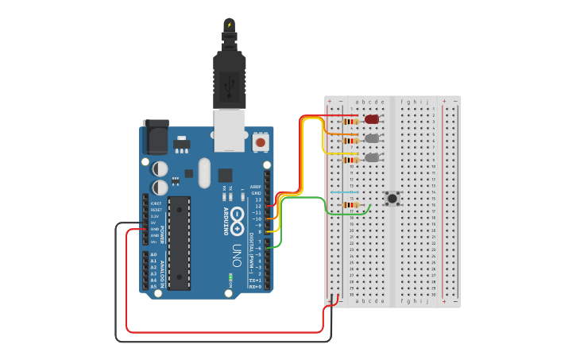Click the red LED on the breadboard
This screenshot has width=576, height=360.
(x=372, y=119)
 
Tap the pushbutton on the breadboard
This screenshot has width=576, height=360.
(x=392, y=198)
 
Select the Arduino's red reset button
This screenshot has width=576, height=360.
(x=260, y=143)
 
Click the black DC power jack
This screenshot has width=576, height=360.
(x=155, y=137)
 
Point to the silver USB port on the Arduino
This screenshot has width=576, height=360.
(x=230, y=130)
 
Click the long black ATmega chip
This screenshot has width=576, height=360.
(x=180, y=242)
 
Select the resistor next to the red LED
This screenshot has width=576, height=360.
(x=350, y=122)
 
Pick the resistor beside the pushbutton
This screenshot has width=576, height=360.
(x=350, y=205)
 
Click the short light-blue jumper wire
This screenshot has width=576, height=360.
(x=344, y=192)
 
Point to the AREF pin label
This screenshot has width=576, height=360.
(x=256, y=187)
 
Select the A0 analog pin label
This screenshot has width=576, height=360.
(x=153, y=254)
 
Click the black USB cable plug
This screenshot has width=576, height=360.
(x=230, y=79)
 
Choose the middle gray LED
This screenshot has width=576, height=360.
(x=371, y=138)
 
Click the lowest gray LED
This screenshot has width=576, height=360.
(x=371, y=157)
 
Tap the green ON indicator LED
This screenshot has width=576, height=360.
(x=230, y=276)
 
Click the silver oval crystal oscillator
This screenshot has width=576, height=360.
(x=204, y=172)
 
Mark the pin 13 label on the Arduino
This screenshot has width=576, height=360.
(x=257, y=199)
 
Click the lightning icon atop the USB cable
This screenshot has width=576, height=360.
(x=230, y=25)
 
